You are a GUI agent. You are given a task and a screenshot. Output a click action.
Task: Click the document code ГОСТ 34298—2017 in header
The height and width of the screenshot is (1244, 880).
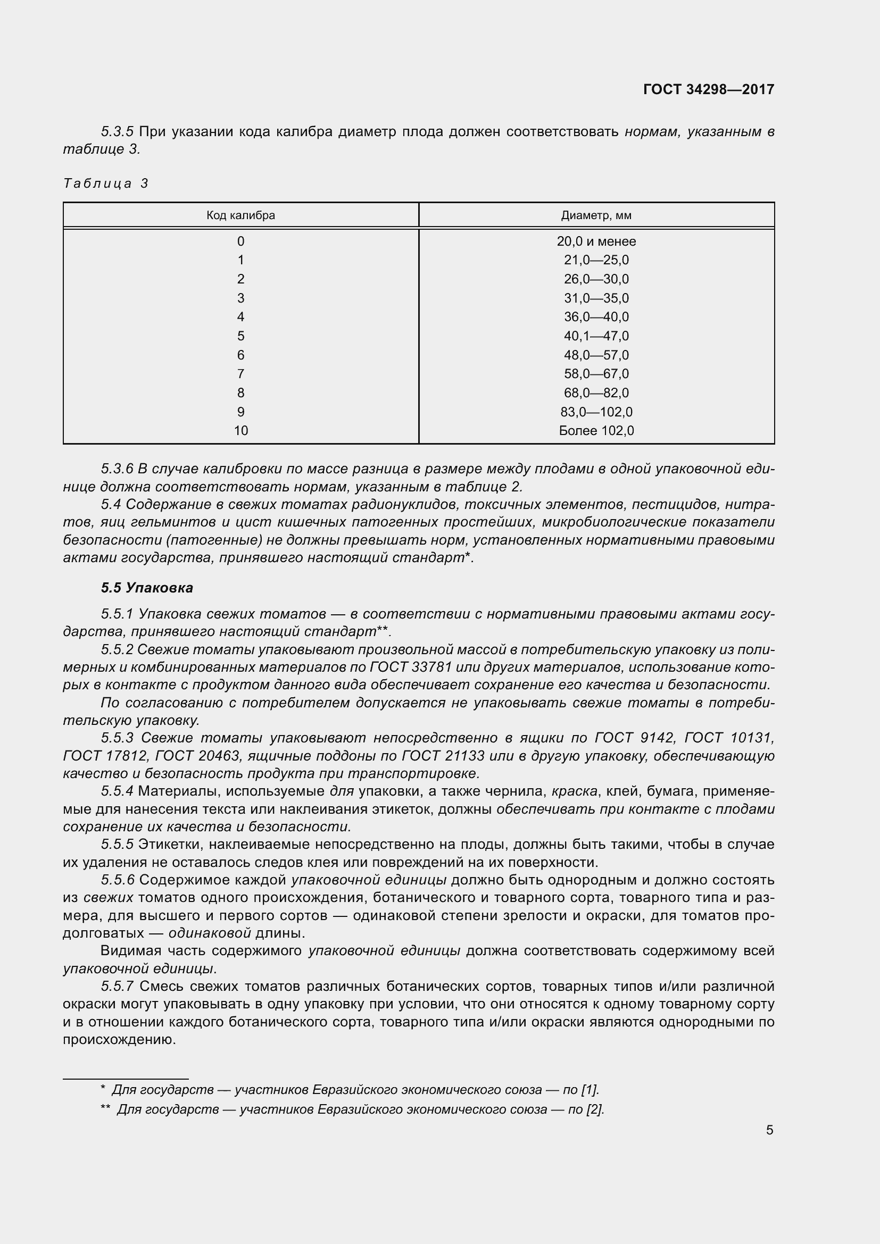[708, 89]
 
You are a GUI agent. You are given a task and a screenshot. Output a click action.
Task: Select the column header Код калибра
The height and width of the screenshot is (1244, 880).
[240, 215]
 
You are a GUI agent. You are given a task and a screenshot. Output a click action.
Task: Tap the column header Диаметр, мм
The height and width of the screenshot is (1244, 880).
[596, 215]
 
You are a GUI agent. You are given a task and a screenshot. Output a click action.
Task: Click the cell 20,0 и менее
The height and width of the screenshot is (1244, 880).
[596, 241]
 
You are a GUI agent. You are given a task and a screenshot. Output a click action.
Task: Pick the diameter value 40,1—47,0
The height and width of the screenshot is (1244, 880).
[596, 336]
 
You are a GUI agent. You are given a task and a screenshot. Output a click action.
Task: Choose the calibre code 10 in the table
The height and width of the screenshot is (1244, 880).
[240, 431]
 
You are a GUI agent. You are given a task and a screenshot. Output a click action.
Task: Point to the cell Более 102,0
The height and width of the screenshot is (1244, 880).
[596, 431]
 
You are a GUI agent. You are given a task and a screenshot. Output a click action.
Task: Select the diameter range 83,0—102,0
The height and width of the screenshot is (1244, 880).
[596, 412]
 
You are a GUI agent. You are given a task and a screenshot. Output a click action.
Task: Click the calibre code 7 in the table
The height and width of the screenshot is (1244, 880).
[240, 374]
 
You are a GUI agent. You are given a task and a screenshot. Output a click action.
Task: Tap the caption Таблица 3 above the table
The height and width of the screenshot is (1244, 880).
[106, 183]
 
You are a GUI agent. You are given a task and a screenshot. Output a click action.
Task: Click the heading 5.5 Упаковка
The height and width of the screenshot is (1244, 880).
[147, 588]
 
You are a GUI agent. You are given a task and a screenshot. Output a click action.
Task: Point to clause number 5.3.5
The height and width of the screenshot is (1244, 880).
[117, 132]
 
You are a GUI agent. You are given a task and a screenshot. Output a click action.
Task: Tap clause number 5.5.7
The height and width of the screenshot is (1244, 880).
[117, 986]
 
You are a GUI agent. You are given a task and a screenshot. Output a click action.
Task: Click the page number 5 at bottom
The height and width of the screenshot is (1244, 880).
[769, 1130]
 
